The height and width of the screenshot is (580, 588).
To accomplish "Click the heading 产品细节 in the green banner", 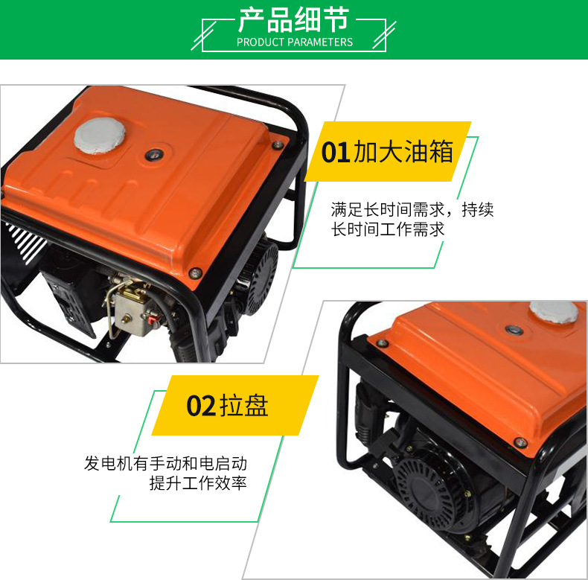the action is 294,20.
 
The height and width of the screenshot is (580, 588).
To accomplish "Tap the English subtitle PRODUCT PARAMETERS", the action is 295,42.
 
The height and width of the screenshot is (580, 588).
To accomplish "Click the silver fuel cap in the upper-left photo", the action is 100,136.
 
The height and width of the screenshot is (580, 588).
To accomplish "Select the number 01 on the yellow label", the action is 336,152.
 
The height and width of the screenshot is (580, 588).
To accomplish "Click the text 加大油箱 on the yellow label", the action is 403,152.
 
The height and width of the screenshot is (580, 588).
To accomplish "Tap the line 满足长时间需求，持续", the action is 412,210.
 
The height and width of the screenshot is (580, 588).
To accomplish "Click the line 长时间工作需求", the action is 387,229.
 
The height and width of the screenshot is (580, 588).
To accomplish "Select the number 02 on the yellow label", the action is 202,406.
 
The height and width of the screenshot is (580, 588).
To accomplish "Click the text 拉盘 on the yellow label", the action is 244,406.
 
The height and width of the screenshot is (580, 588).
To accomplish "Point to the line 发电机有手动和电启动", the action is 165,463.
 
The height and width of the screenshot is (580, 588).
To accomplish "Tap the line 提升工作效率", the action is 198,482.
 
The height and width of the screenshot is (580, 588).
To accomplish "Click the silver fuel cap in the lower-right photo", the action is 554,312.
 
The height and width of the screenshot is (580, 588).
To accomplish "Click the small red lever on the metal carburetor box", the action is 153,320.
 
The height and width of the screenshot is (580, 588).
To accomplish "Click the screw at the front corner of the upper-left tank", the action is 195,273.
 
